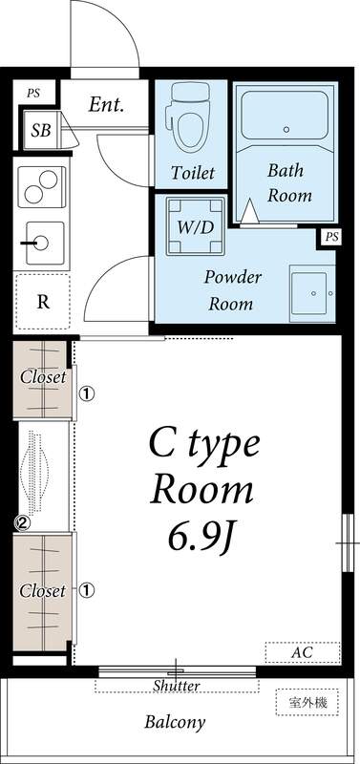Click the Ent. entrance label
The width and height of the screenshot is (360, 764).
pos(106,105)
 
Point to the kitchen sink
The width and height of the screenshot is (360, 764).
pos(43,243)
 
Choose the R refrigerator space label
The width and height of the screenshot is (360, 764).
pos(43,302)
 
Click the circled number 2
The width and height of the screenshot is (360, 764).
pos(22,522)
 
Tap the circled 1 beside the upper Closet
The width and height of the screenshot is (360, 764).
pos(85,393)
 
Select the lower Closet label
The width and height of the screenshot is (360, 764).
pos(43,590)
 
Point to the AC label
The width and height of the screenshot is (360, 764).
pos(301,653)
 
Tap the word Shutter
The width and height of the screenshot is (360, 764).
pos(177,686)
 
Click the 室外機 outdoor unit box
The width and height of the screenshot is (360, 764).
pos(307,702)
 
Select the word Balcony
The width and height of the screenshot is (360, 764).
pos(175,722)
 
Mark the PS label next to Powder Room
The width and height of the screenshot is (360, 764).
pos(331,237)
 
